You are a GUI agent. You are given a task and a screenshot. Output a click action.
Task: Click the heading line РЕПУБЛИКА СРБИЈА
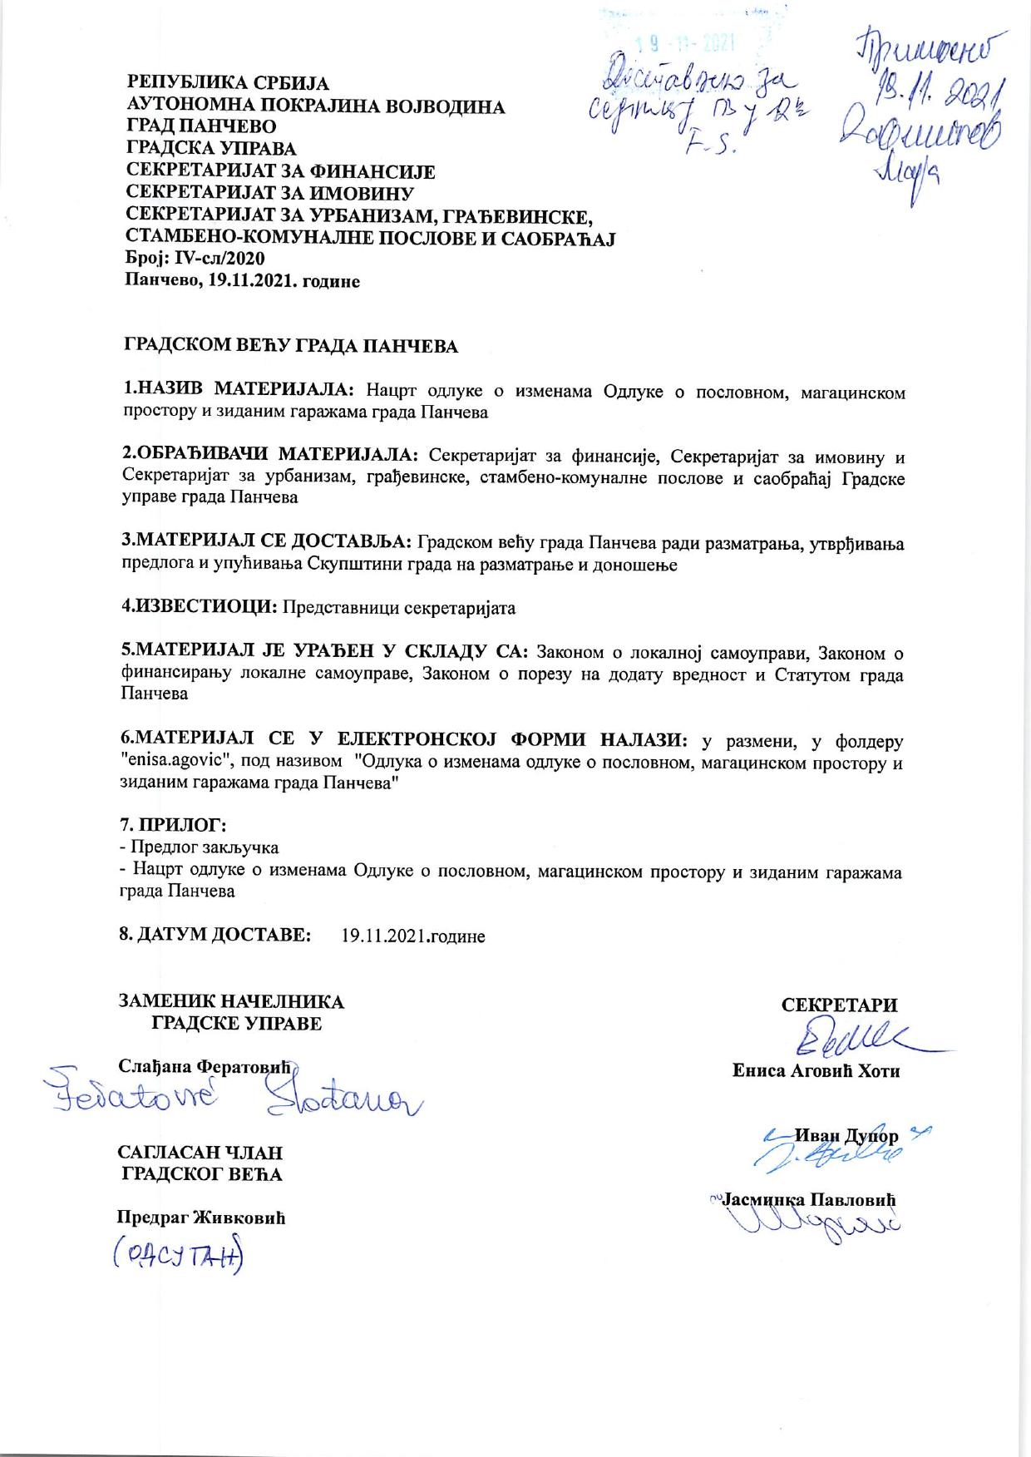tap(227, 84)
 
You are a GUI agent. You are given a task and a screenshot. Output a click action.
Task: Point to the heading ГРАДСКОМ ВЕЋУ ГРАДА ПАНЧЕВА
tap(291, 347)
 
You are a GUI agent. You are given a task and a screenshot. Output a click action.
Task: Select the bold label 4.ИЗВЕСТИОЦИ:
tap(200, 607)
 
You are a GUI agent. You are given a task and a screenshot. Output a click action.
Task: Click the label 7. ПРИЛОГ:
tap(175, 826)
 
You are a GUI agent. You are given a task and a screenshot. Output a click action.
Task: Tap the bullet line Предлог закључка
tap(200, 847)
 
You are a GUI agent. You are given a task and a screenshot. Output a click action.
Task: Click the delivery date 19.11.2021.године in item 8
tap(413, 936)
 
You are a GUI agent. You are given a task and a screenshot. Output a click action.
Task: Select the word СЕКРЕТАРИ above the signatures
tap(839, 1005)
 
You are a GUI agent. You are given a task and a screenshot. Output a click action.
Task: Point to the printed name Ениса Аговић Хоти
tap(816, 1071)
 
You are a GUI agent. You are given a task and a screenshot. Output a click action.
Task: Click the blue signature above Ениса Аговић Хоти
tap(856, 1040)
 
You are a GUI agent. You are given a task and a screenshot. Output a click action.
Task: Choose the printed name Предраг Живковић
tap(200, 1217)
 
